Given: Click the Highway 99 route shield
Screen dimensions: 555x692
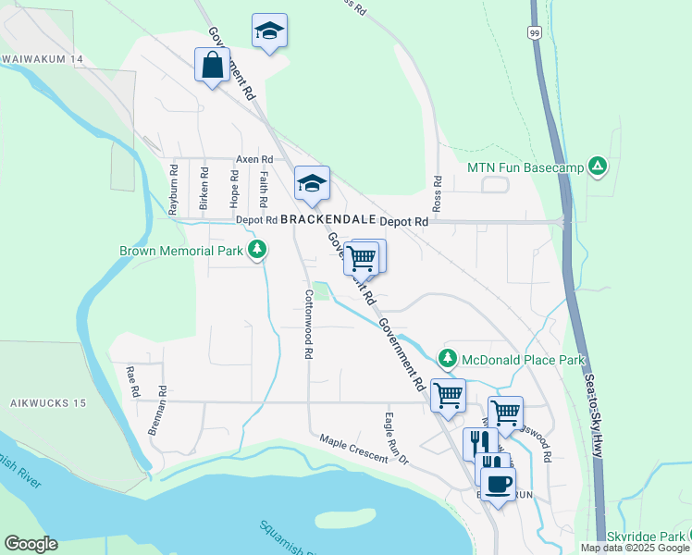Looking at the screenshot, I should coord(536,31).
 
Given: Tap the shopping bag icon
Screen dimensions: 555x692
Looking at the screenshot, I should coord(212,66).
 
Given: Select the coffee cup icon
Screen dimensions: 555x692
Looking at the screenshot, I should coord(498,484).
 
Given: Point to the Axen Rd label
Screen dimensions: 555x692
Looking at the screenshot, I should coord(253,159).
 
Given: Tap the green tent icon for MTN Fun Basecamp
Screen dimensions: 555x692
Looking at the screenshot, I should coord(599,166).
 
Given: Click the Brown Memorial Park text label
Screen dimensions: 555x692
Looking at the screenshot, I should coord(180,250).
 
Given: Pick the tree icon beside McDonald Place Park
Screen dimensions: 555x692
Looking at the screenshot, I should coord(448,357).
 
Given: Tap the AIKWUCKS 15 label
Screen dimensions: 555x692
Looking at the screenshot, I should coord(48,404).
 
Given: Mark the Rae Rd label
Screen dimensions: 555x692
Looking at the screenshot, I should coord(131,380).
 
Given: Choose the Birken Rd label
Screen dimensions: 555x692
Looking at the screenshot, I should coord(204,189).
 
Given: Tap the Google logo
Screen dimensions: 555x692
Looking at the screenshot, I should coord(31,544).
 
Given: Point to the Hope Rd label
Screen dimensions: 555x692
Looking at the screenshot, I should coord(235,189).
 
